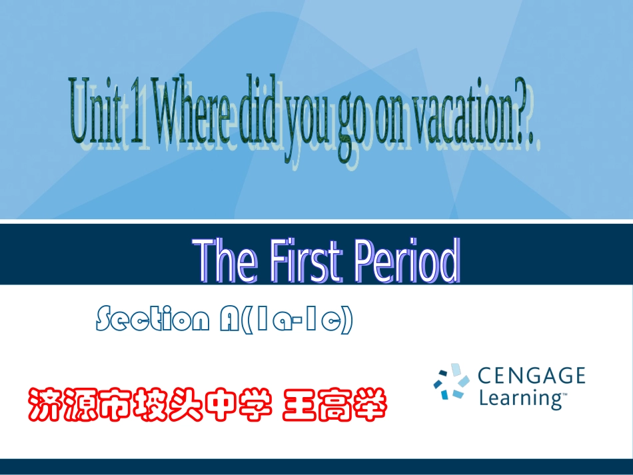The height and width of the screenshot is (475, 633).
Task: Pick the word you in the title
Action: [307, 120]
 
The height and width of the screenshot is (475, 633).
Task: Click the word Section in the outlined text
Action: [153, 320]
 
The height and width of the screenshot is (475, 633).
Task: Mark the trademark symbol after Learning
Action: [564, 394]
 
